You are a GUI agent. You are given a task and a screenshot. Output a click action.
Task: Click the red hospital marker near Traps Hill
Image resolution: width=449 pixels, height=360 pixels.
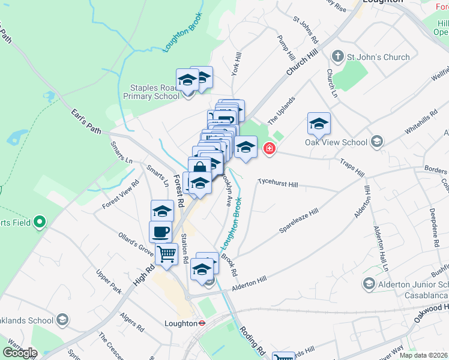coord(269,148)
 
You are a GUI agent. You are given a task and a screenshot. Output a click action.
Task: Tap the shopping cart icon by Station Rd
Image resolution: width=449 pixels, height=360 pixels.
coord(167,254)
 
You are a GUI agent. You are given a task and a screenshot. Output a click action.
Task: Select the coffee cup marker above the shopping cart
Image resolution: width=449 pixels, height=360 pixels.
coord(160,232)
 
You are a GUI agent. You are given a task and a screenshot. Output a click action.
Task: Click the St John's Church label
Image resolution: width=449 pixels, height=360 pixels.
coord(379,58)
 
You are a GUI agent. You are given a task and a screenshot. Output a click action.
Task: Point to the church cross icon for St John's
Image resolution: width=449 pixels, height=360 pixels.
coord(338,57)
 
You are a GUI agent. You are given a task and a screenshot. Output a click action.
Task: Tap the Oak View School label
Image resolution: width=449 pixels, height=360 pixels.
coord(336,142)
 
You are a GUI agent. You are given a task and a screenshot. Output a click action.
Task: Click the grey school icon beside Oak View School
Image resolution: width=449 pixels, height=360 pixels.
coord(377,142)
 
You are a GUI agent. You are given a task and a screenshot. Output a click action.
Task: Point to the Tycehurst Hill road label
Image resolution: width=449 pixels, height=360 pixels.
coord(277,181)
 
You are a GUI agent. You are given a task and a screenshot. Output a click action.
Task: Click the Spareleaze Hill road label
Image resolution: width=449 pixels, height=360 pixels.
coord(298,222)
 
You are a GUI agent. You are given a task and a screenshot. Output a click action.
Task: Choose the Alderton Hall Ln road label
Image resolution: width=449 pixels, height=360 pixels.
coord(381,247)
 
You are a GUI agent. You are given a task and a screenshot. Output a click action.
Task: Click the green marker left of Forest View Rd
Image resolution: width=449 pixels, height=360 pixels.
coord(40,223)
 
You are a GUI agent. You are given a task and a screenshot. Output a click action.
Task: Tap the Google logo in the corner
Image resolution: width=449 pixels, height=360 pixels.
coord(20,353)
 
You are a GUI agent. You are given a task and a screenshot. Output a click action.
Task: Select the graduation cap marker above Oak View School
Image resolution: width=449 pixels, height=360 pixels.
coord(319,124)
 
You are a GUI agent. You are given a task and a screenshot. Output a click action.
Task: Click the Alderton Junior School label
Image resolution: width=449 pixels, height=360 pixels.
coord(413,284)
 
